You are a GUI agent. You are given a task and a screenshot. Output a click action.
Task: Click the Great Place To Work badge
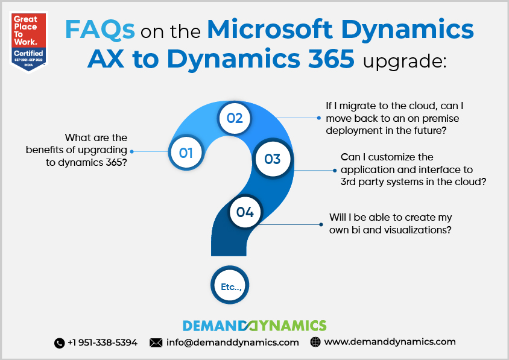28,42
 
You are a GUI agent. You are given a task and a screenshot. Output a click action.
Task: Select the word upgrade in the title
405,62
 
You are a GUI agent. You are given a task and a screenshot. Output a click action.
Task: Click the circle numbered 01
186,153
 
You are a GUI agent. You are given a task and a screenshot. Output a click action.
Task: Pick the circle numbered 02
235,118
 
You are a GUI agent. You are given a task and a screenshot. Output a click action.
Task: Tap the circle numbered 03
273,159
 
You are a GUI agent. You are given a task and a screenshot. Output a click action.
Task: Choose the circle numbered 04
245,212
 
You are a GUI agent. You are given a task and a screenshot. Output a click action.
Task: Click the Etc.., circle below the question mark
230,285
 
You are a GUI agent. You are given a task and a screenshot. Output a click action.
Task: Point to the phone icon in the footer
60,343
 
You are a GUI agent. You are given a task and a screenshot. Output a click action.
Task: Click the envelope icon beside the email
156,343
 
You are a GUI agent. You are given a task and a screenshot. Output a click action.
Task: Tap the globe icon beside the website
315,342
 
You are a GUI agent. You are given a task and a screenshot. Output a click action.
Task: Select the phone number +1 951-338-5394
103,343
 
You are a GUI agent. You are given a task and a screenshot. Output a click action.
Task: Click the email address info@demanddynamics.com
232,343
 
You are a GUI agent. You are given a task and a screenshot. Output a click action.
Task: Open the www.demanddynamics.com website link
390,342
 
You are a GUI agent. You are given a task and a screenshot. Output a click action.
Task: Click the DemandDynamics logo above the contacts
255,326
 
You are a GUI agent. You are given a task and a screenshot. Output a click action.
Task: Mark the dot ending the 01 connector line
132,151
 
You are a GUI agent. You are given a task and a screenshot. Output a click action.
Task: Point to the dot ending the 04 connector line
321,224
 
